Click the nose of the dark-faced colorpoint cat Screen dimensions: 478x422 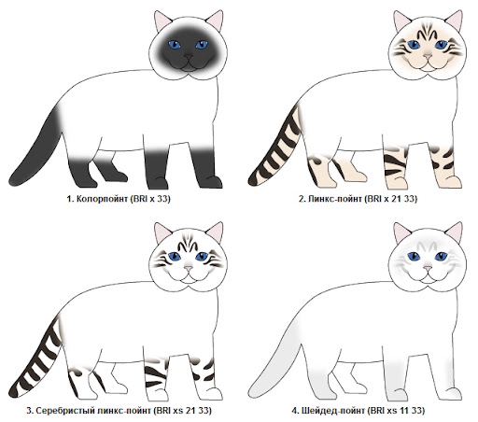click(189, 56)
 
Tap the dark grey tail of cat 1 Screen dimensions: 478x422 click(37, 149)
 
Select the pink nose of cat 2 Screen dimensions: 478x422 click(428, 57)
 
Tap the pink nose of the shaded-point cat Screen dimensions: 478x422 click(428, 268)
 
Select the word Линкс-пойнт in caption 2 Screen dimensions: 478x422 click(335, 199)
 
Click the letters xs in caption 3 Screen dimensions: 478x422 click(178, 411)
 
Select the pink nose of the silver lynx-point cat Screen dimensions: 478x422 click(189, 268)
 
